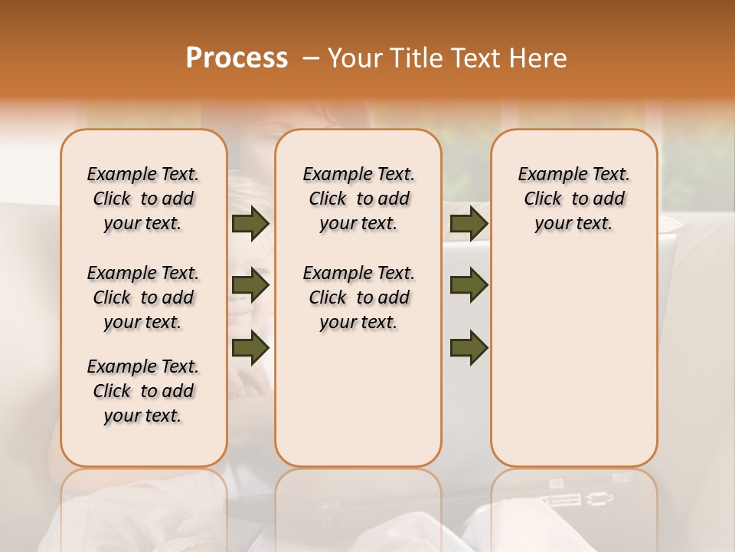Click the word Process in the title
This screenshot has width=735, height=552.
click(237, 58)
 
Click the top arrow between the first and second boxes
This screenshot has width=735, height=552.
click(250, 224)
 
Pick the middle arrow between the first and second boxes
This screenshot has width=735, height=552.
click(250, 286)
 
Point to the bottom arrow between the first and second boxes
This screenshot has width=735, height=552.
click(250, 347)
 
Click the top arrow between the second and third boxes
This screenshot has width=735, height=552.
click(469, 224)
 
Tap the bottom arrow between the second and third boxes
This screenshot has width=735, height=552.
click(469, 347)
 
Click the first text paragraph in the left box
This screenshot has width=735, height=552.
click(143, 199)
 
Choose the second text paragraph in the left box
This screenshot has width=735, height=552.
click(143, 297)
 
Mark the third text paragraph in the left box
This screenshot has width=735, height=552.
click(143, 391)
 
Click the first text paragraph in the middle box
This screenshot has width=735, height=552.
click(358, 199)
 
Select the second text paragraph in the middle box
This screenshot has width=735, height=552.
click(358, 297)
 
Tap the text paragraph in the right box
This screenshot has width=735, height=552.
click(573, 199)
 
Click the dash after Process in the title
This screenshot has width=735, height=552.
click(309, 58)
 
